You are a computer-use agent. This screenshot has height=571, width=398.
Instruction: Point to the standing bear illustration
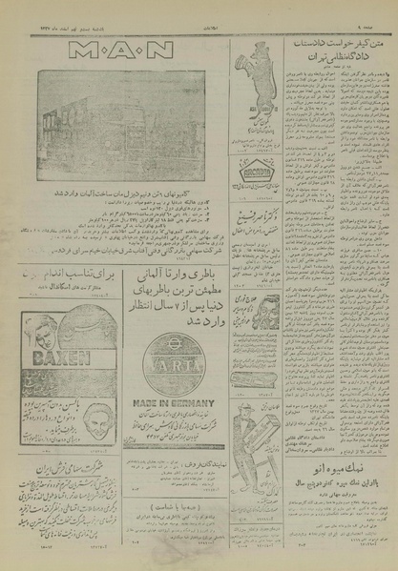point(262,74)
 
